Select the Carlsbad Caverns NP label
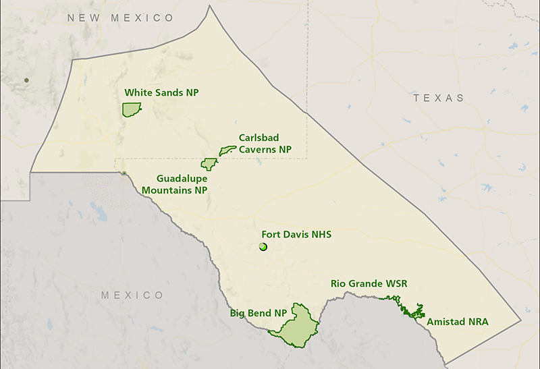(265, 143)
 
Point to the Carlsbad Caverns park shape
(227, 150)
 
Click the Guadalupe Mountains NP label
(174, 184)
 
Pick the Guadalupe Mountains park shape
(209, 164)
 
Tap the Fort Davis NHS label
(296, 234)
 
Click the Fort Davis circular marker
(263, 247)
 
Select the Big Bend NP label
(253, 313)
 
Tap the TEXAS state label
(439, 98)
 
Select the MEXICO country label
(132, 295)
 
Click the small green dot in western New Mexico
(26, 80)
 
